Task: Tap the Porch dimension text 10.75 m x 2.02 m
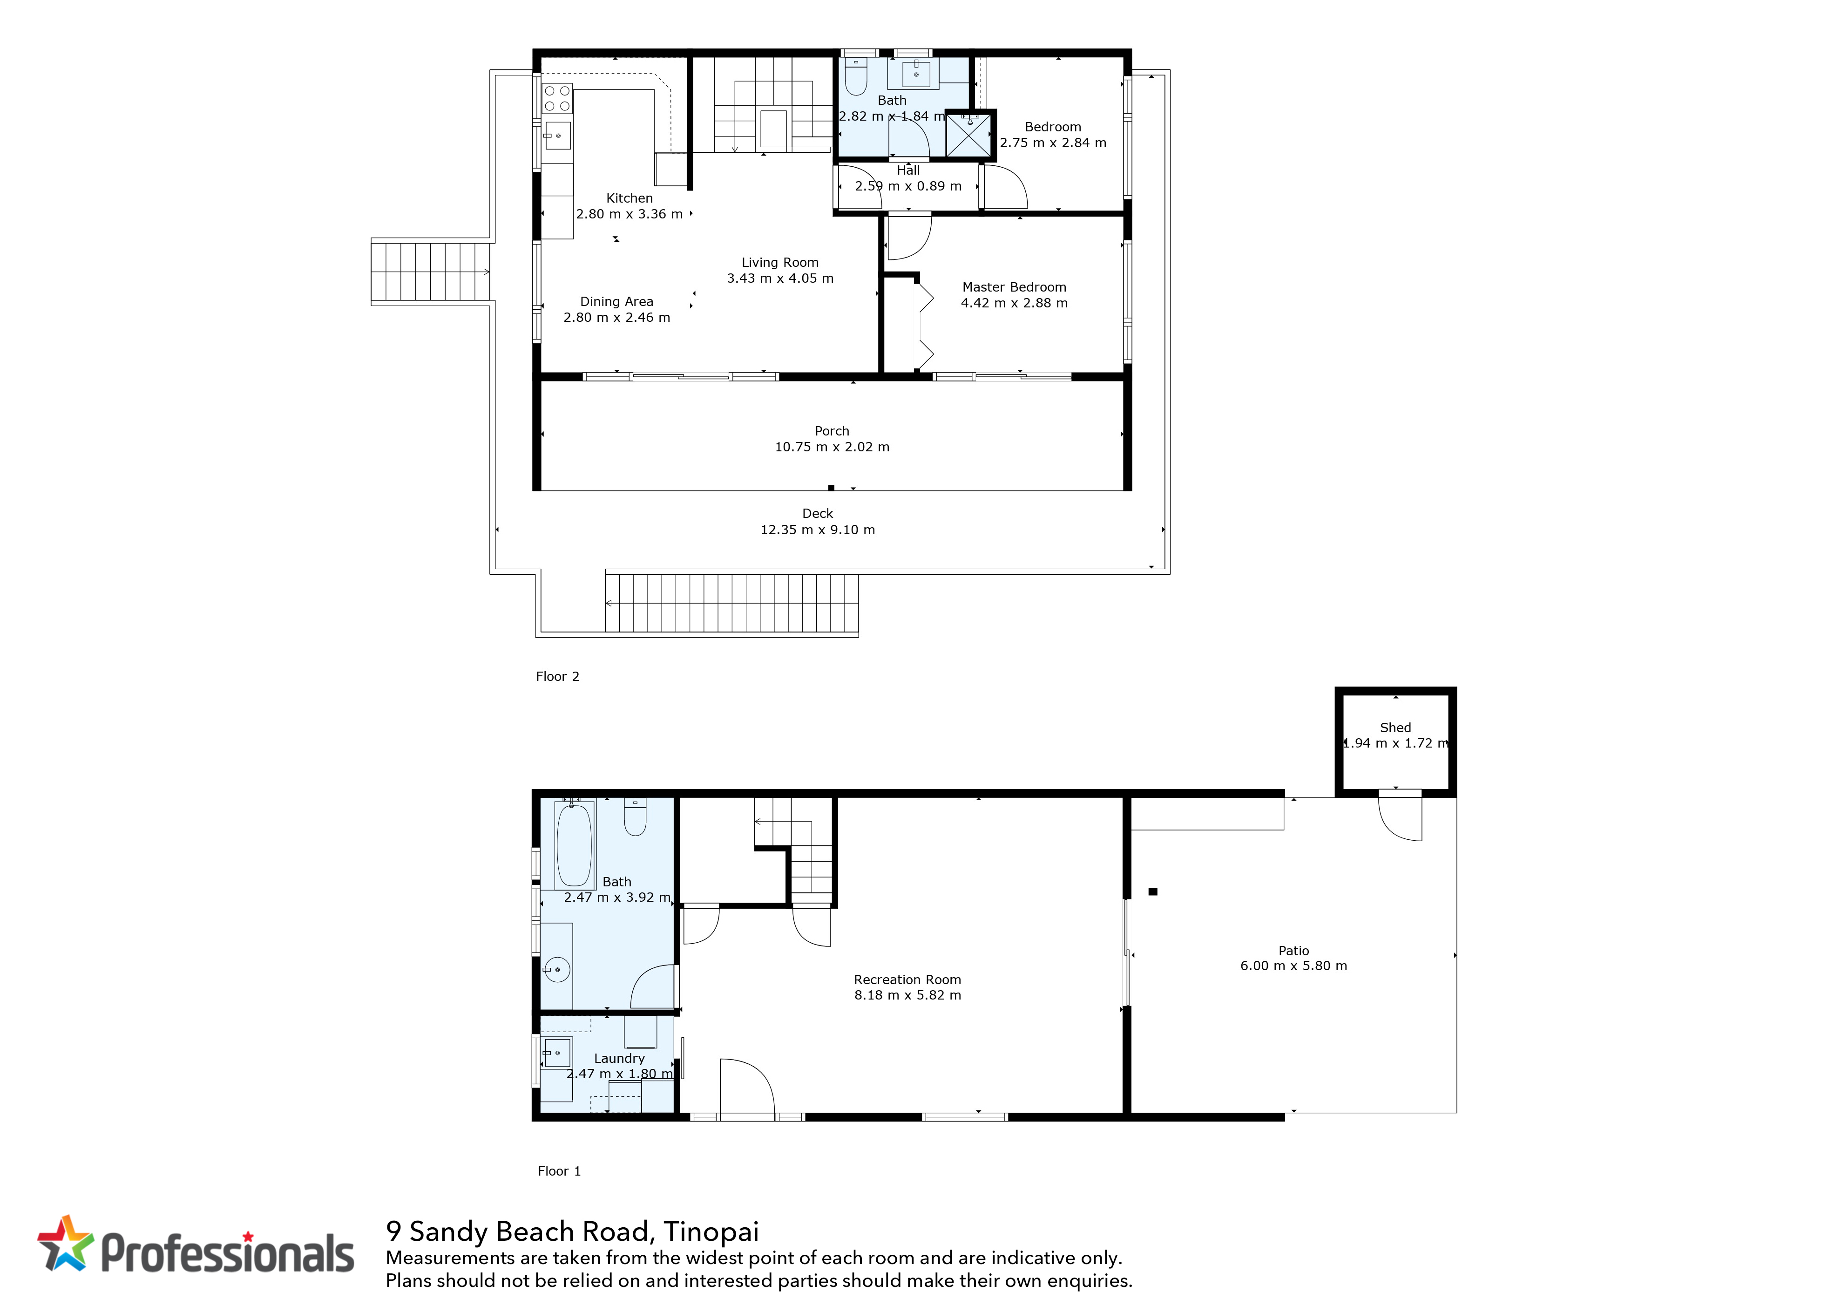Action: coord(832,447)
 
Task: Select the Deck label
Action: coord(818,513)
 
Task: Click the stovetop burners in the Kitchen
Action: coord(557,98)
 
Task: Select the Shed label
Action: coord(1395,727)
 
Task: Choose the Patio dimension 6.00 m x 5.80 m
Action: coord(1293,966)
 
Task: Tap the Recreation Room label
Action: coord(907,979)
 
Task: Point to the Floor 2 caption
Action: coord(557,676)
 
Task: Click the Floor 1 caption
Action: coord(559,1171)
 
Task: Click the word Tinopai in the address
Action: coord(711,1231)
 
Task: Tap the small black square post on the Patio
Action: coord(1153,891)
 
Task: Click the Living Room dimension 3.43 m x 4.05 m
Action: coord(780,278)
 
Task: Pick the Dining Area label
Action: coord(616,301)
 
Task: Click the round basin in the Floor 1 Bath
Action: coord(556,970)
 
